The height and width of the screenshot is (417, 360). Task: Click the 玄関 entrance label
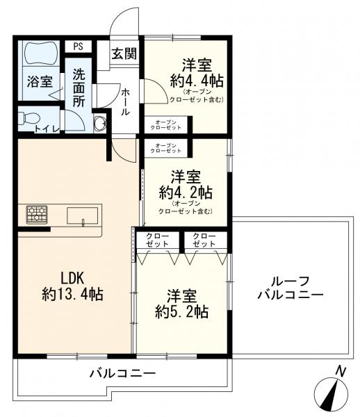point(125,54)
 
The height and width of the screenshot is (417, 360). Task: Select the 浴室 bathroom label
point(39,81)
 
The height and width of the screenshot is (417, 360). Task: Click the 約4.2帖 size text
point(186,190)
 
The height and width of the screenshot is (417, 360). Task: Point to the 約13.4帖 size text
point(72,294)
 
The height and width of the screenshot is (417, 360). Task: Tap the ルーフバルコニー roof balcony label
point(291,287)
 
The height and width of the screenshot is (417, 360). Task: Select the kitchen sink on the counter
point(83,215)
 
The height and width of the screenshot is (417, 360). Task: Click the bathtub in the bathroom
point(43,53)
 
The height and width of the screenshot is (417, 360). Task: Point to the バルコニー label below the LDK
point(122,374)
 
